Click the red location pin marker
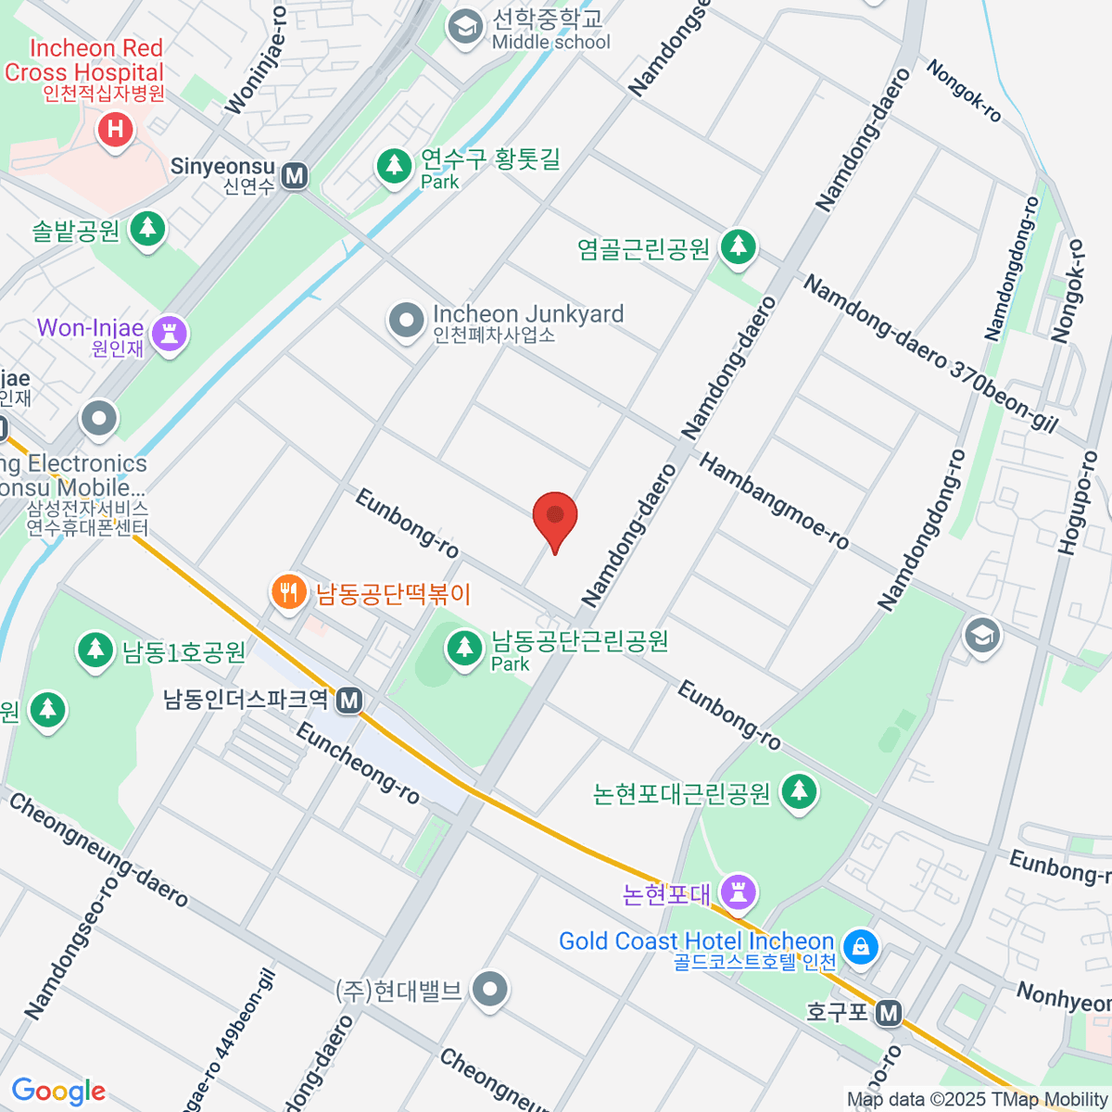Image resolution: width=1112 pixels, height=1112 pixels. [x=555, y=518]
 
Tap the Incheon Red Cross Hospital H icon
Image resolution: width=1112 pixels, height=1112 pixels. [x=116, y=129]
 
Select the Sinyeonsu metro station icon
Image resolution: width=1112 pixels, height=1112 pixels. [x=295, y=175]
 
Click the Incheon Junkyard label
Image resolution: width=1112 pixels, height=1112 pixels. [x=527, y=315]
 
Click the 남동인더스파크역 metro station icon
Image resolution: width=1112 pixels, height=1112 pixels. [x=349, y=700]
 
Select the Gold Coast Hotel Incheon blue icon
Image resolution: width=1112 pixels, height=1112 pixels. [x=861, y=946]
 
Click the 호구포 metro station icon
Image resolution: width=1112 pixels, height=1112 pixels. [x=889, y=1013]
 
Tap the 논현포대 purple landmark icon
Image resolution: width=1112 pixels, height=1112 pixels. [x=739, y=892]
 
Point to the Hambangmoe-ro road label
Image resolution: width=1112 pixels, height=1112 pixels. [x=774, y=501]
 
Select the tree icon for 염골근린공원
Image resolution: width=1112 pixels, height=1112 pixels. [x=738, y=246]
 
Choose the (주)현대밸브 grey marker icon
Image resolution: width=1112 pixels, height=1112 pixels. [x=489, y=989]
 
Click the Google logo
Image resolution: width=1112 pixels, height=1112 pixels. [x=58, y=1091]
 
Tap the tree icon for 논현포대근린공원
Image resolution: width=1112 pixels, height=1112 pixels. [x=798, y=791]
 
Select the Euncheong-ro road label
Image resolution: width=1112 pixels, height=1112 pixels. [x=358, y=763]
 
